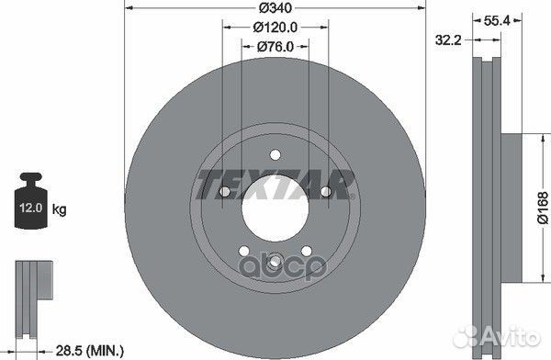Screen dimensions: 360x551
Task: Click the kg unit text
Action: click(60, 210)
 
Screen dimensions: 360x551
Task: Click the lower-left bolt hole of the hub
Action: click(242, 249)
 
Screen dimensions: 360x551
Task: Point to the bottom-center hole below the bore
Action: click(272, 264)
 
